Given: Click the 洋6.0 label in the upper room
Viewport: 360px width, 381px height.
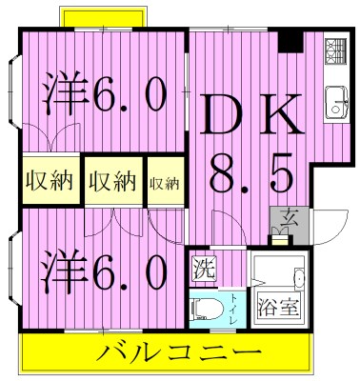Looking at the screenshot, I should tap(104, 95).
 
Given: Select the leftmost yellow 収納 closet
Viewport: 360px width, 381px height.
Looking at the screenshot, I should tap(47, 181).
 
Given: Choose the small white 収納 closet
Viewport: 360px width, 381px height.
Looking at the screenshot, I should tap(164, 182).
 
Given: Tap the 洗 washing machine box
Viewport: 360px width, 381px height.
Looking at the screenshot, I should tap(204, 267).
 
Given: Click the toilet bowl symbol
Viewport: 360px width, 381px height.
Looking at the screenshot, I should tap(206, 307).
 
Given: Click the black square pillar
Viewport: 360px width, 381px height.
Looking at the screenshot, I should tap(290, 42).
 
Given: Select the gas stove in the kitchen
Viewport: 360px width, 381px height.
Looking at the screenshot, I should tap(334, 50).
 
